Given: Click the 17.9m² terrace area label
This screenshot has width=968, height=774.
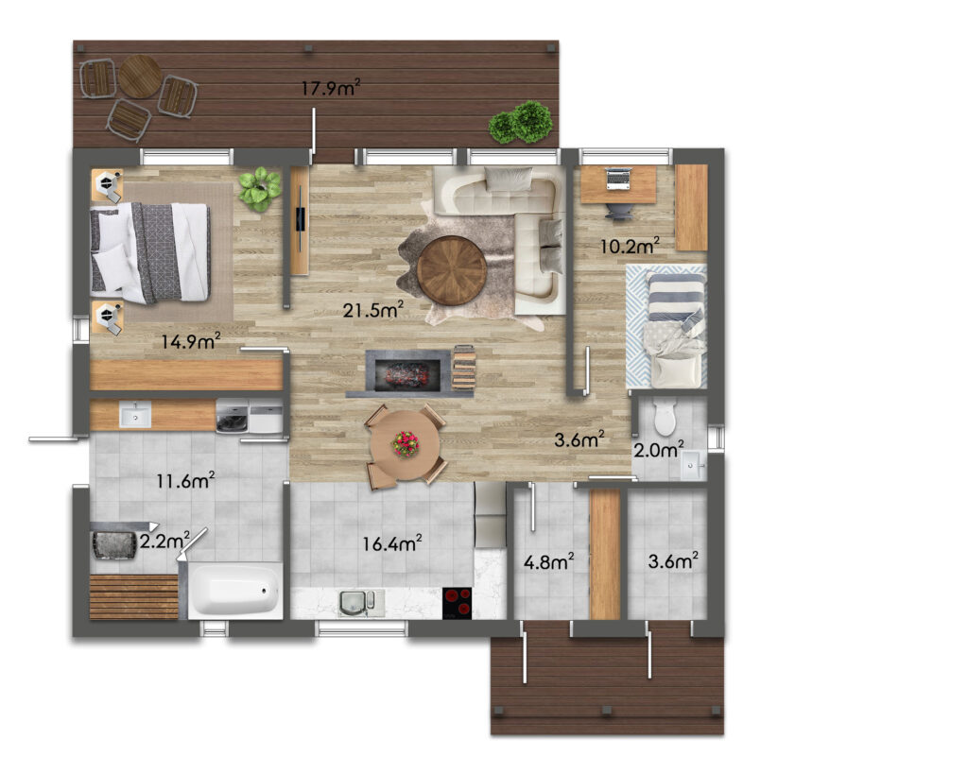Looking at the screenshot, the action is (x=330, y=88).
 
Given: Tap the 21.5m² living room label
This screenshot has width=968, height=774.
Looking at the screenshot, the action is (x=372, y=309).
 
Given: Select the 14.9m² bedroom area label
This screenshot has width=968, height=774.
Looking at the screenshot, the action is (x=191, y=341).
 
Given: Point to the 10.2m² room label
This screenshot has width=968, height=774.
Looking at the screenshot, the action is (x=630, y=246).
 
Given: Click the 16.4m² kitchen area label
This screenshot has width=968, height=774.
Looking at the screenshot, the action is (x=392, y=543).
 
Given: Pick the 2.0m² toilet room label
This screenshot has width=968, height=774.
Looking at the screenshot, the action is (x=659, y=449).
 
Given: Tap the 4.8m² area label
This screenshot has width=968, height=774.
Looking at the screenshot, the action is (x=549, y=561).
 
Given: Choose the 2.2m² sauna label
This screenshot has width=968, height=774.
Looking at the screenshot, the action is (x=164, y=540).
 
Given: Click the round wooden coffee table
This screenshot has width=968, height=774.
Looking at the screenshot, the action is (x=452, y=270).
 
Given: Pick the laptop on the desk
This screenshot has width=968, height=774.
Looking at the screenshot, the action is (x=618, y=179).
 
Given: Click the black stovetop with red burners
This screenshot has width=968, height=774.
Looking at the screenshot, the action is (x=458, y=602).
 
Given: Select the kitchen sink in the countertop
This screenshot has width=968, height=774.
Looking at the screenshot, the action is (x=356, y=603).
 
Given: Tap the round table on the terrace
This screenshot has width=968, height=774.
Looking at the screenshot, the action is (x=140, y=77).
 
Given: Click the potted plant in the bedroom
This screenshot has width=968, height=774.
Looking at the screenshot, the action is (x=260, y=188).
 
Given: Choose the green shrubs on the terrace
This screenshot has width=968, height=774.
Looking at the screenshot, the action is (x=520, y=122).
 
